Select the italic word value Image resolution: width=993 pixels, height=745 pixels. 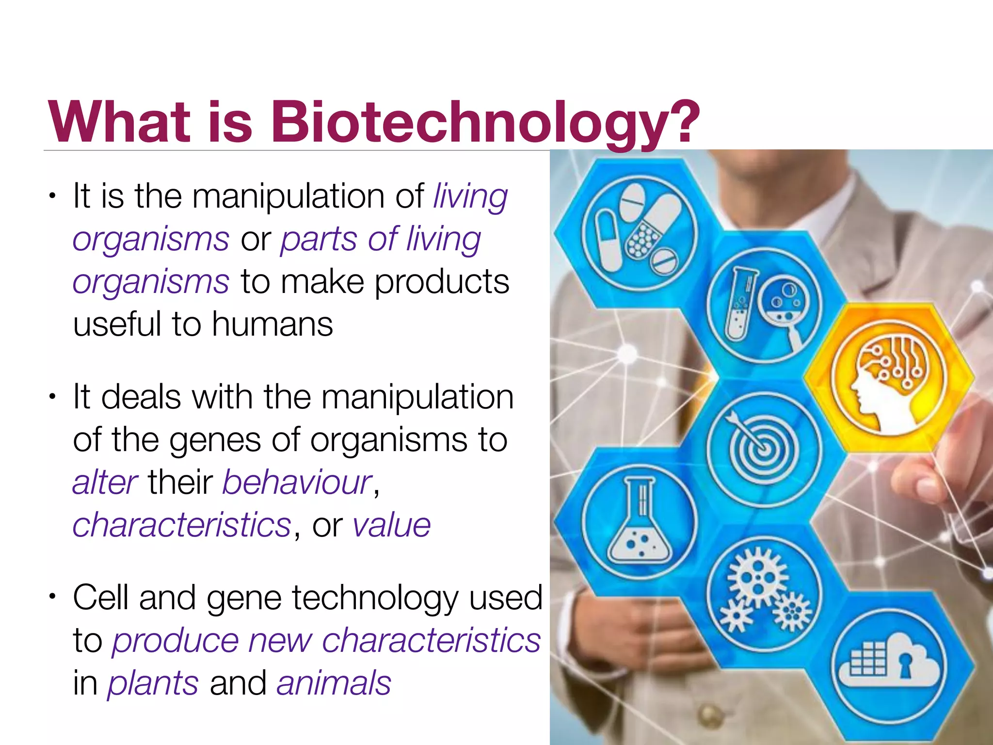click(391, 525)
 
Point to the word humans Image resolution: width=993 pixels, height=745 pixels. click(272, 324)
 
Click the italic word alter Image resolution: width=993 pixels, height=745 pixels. click(105, 483)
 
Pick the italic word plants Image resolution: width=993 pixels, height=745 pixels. click(153, 683)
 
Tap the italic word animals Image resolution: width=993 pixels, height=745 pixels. click(334, 683)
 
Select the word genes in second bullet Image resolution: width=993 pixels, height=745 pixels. click(215, 440)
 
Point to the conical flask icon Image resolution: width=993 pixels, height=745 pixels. click(639, 521)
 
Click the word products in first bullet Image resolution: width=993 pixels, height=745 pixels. click(442, 282)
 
